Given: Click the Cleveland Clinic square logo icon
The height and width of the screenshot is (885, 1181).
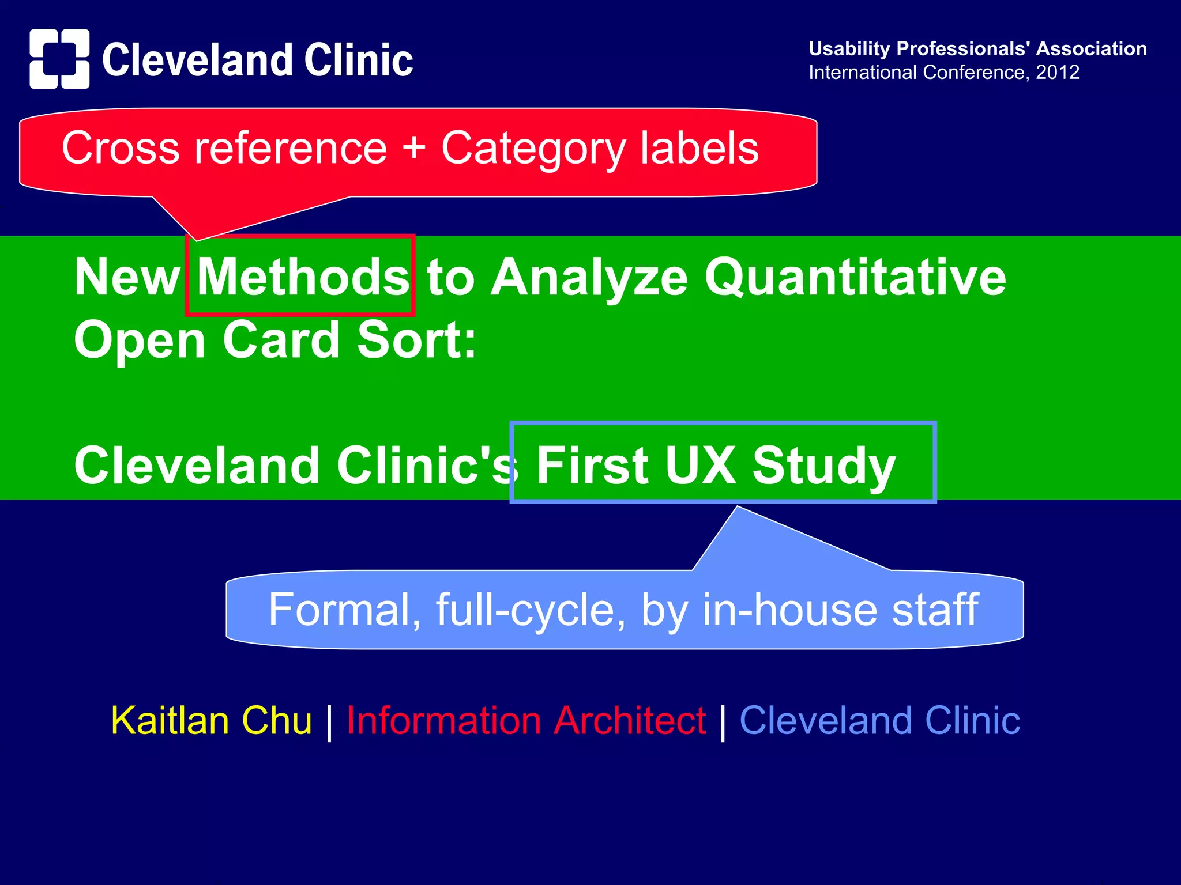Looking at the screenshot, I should point(59,59).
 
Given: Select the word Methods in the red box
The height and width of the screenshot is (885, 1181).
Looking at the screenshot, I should point(303,277).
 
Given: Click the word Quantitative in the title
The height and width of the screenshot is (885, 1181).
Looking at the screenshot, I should point(855,277).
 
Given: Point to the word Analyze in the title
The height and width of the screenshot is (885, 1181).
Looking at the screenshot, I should point(589,277).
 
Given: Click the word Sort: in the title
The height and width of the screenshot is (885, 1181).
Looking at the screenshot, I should point(416,340).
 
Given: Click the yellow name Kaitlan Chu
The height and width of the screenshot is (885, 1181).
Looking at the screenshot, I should point(211,721).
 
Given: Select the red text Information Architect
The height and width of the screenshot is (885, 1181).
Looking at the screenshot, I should point(526,721).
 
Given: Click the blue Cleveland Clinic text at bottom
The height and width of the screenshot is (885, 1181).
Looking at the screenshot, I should point(879,721).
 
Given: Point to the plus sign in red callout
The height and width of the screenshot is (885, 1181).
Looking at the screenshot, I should point(413,147).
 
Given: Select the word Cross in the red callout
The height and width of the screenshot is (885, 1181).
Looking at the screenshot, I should point(121,148).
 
